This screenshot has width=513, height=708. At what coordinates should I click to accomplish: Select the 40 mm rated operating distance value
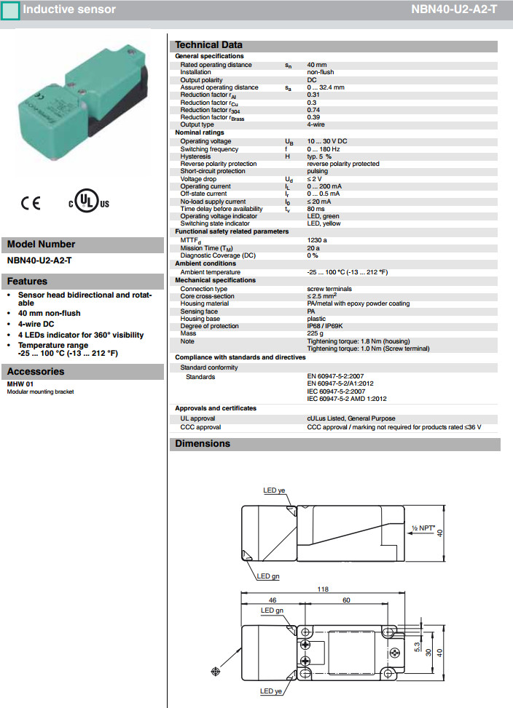coord(316,65)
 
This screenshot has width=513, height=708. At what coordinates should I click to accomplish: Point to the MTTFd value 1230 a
coord(317,240)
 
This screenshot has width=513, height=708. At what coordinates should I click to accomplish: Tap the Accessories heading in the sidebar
coord(36,372)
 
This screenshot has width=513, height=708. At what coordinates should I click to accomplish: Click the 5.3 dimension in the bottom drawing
coord(417,645)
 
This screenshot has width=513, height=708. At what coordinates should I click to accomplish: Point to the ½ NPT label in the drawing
coord(423,527)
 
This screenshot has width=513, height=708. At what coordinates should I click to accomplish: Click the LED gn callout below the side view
coord(268,576)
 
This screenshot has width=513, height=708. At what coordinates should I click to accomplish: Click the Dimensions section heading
coord(202,444)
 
